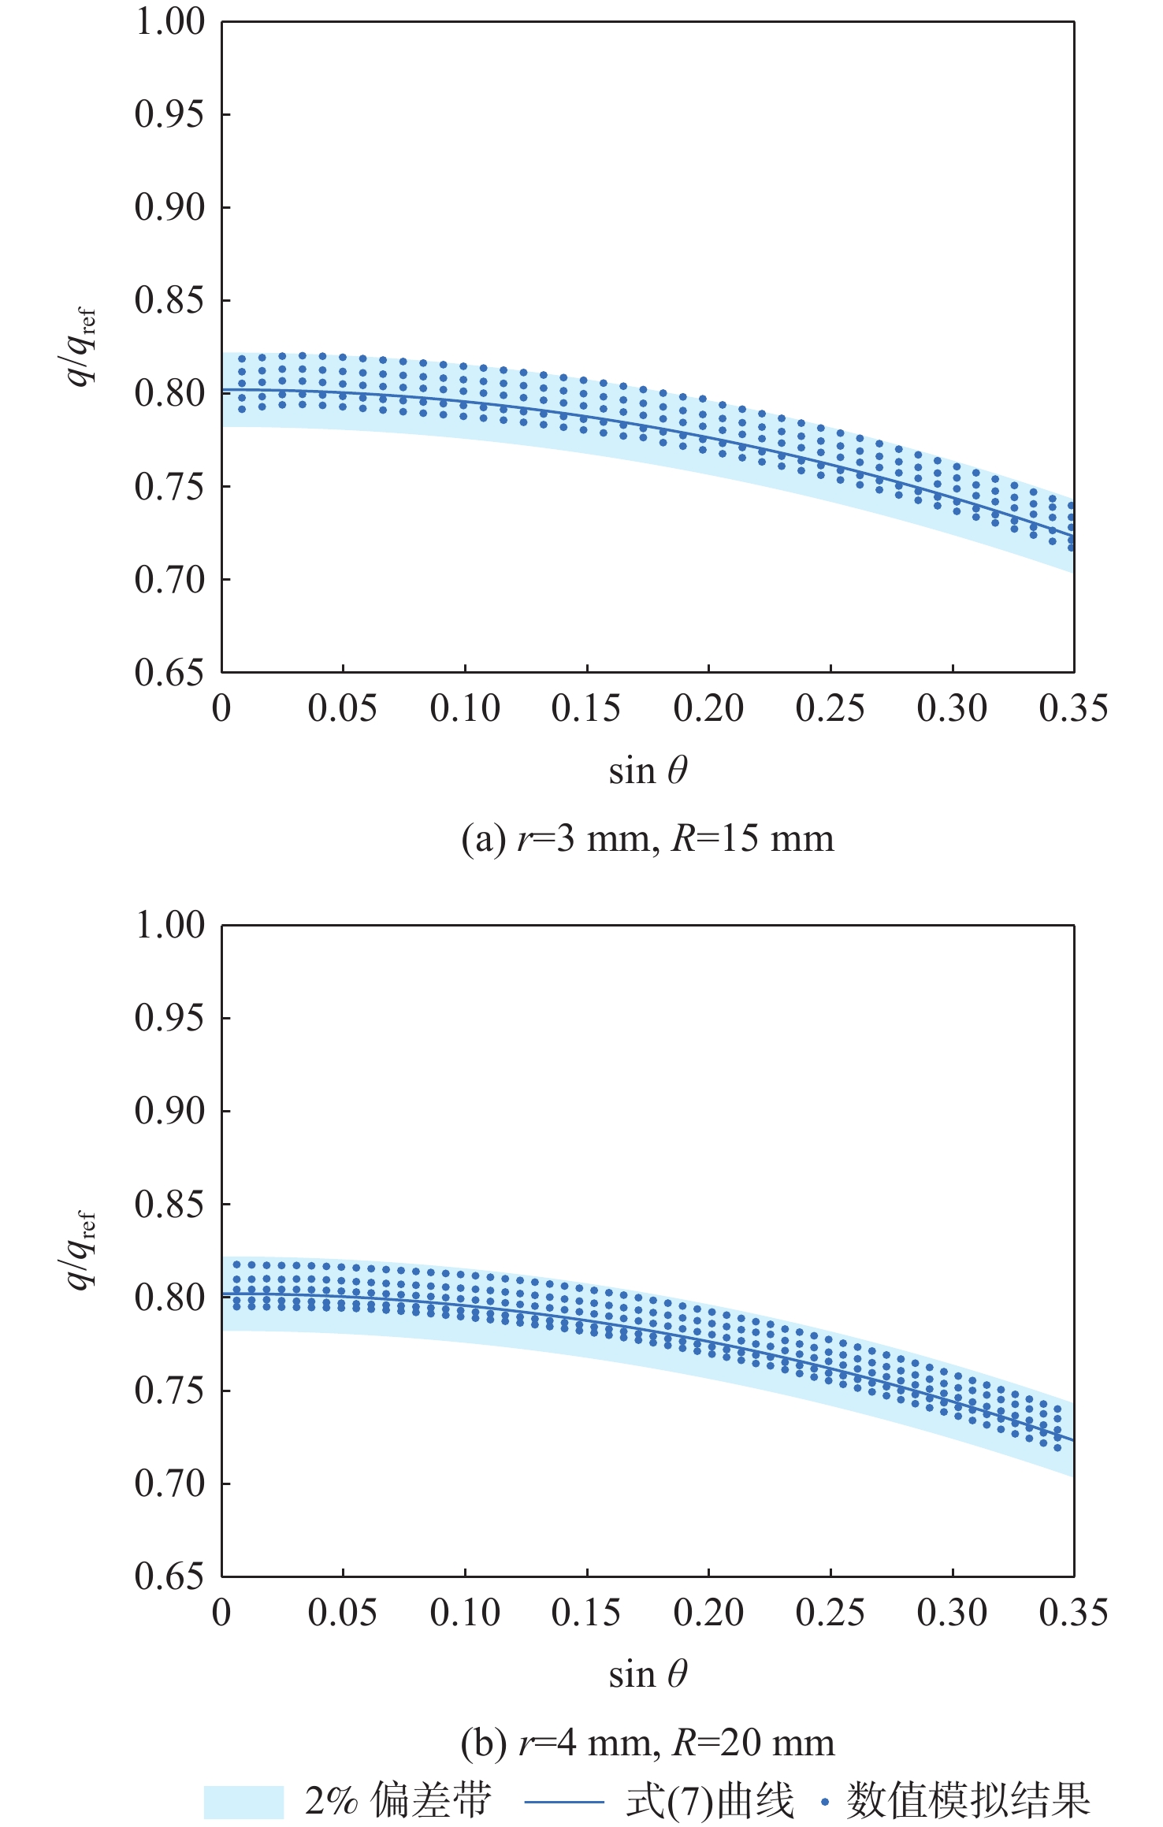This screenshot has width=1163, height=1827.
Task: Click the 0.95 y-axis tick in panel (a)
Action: click(x=169, y=115)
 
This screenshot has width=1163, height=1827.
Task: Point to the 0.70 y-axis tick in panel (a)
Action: click(x=169, y=581)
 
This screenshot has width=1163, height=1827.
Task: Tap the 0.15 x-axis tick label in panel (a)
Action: click(x=586, y=709)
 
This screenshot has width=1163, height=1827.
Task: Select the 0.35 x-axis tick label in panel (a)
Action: click(x=1073, y=709)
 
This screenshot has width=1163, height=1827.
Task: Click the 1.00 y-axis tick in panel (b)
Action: click(x=169, y=926)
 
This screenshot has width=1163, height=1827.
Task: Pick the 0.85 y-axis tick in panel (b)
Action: click(x=169, y=1205)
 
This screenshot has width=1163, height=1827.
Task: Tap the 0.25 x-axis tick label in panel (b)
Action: click(x=830, y=1613)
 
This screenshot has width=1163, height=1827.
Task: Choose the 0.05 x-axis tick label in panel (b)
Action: click(x=343, y=1613)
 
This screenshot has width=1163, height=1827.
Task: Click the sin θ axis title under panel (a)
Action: click(x=648, y=771)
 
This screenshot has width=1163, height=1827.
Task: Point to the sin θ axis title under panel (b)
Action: click(x=648, y=1674)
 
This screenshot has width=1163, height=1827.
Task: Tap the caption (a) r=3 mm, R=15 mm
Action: click(x=648, y=838)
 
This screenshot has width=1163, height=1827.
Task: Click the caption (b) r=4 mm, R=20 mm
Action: click(x=648, y=1743)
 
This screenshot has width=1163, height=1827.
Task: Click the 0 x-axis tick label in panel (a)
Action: click(x=221, y=709)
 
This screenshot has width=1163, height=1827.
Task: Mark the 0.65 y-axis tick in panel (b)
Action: click(x=169, y=1576)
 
